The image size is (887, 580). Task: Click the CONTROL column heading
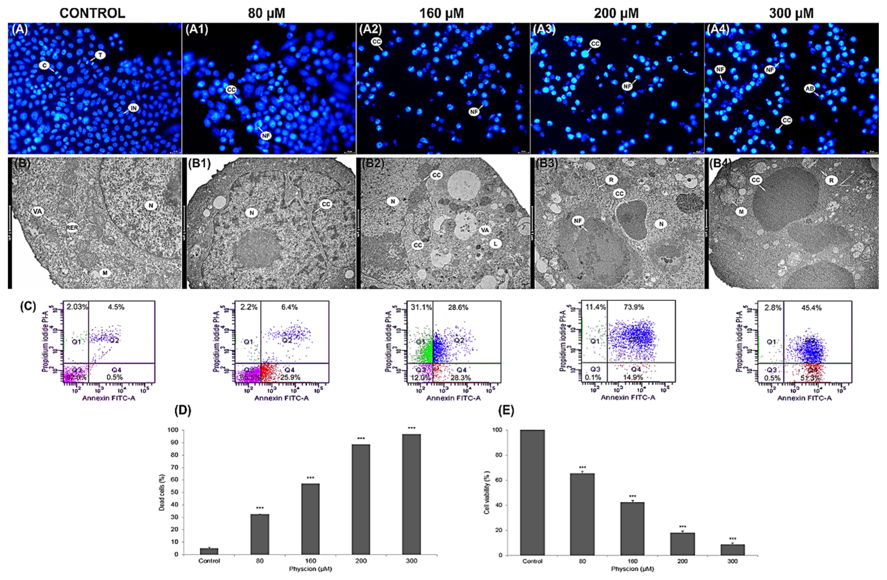[92, 14]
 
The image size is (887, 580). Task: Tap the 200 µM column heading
[616, 14]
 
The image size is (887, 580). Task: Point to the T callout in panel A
[100, 55]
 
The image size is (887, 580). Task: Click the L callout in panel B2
[495, 244]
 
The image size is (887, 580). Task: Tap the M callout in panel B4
[741, 212]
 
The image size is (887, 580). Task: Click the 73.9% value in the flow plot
[633, 307]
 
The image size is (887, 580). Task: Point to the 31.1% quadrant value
[421, 308]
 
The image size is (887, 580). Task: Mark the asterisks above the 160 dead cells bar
[310, 478]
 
